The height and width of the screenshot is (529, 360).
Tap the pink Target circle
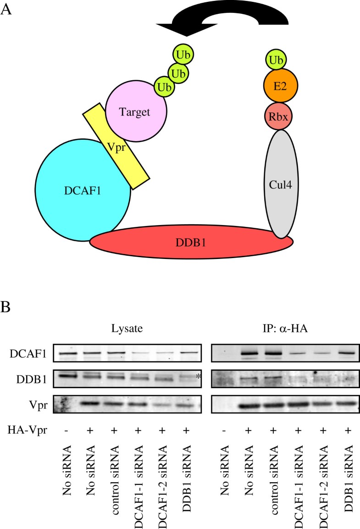click(136, 112)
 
